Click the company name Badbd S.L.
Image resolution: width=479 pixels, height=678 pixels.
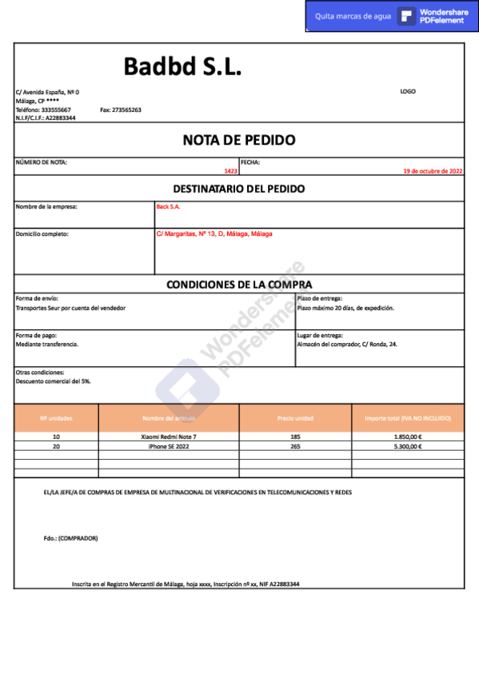(x=182, y=67)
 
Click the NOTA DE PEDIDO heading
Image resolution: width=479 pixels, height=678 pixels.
(x=239, y=140)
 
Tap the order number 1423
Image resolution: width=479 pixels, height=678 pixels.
(x=231, y=171)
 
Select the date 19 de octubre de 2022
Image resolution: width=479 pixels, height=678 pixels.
(x=433, y=171)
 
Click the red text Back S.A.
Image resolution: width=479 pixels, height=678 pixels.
(x=168, y=206)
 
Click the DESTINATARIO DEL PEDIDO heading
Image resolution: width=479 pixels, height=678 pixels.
(x=239, y=189)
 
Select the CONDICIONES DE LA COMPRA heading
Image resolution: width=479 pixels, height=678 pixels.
(x=239, y=285)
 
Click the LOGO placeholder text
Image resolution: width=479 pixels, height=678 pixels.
(x=408, y=91)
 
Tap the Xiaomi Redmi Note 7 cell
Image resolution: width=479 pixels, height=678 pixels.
(x=168, y=437)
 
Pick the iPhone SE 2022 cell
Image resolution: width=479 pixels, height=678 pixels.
(x=168, y=447)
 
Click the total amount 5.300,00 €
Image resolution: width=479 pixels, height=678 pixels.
(x=408, y=447)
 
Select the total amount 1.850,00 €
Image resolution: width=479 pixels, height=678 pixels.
(x=408, y=437)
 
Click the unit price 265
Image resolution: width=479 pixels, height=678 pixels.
(x=295, y=447)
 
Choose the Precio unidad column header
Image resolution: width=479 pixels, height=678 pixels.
(x=295, y=418)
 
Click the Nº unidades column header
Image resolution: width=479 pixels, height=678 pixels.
(x=56, y=418)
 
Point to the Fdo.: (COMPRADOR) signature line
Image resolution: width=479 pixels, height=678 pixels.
(x=70, y=538)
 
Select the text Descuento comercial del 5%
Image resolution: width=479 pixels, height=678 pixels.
(x=53, y=381)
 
